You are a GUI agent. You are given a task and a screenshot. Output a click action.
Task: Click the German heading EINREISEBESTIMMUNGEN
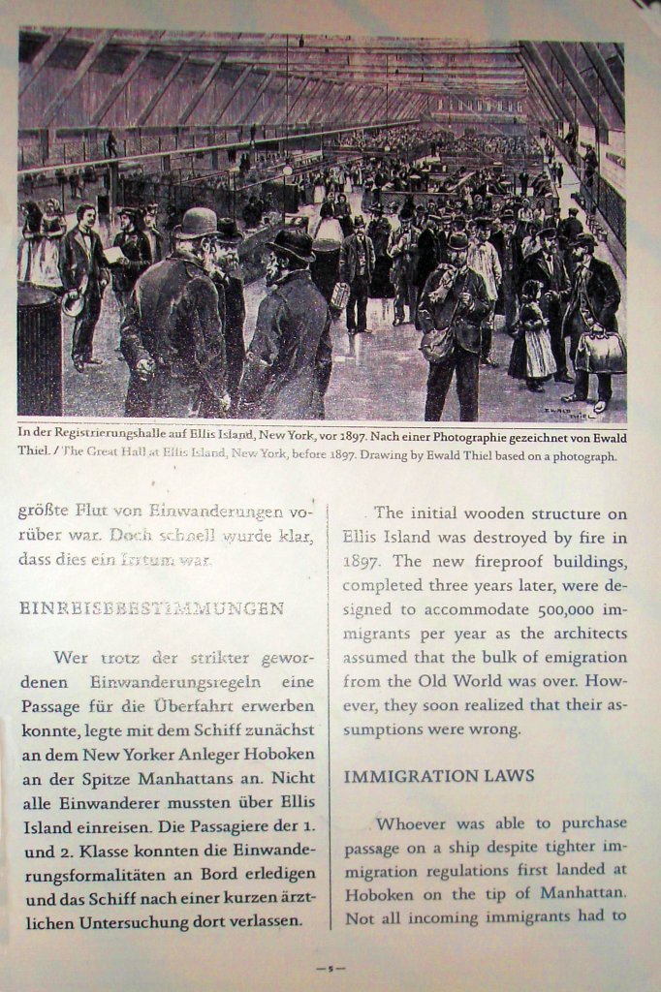[151, 608]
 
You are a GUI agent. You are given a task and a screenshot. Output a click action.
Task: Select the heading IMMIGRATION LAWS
[439, 776]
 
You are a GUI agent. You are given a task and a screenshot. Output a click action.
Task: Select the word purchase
[586, 822]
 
